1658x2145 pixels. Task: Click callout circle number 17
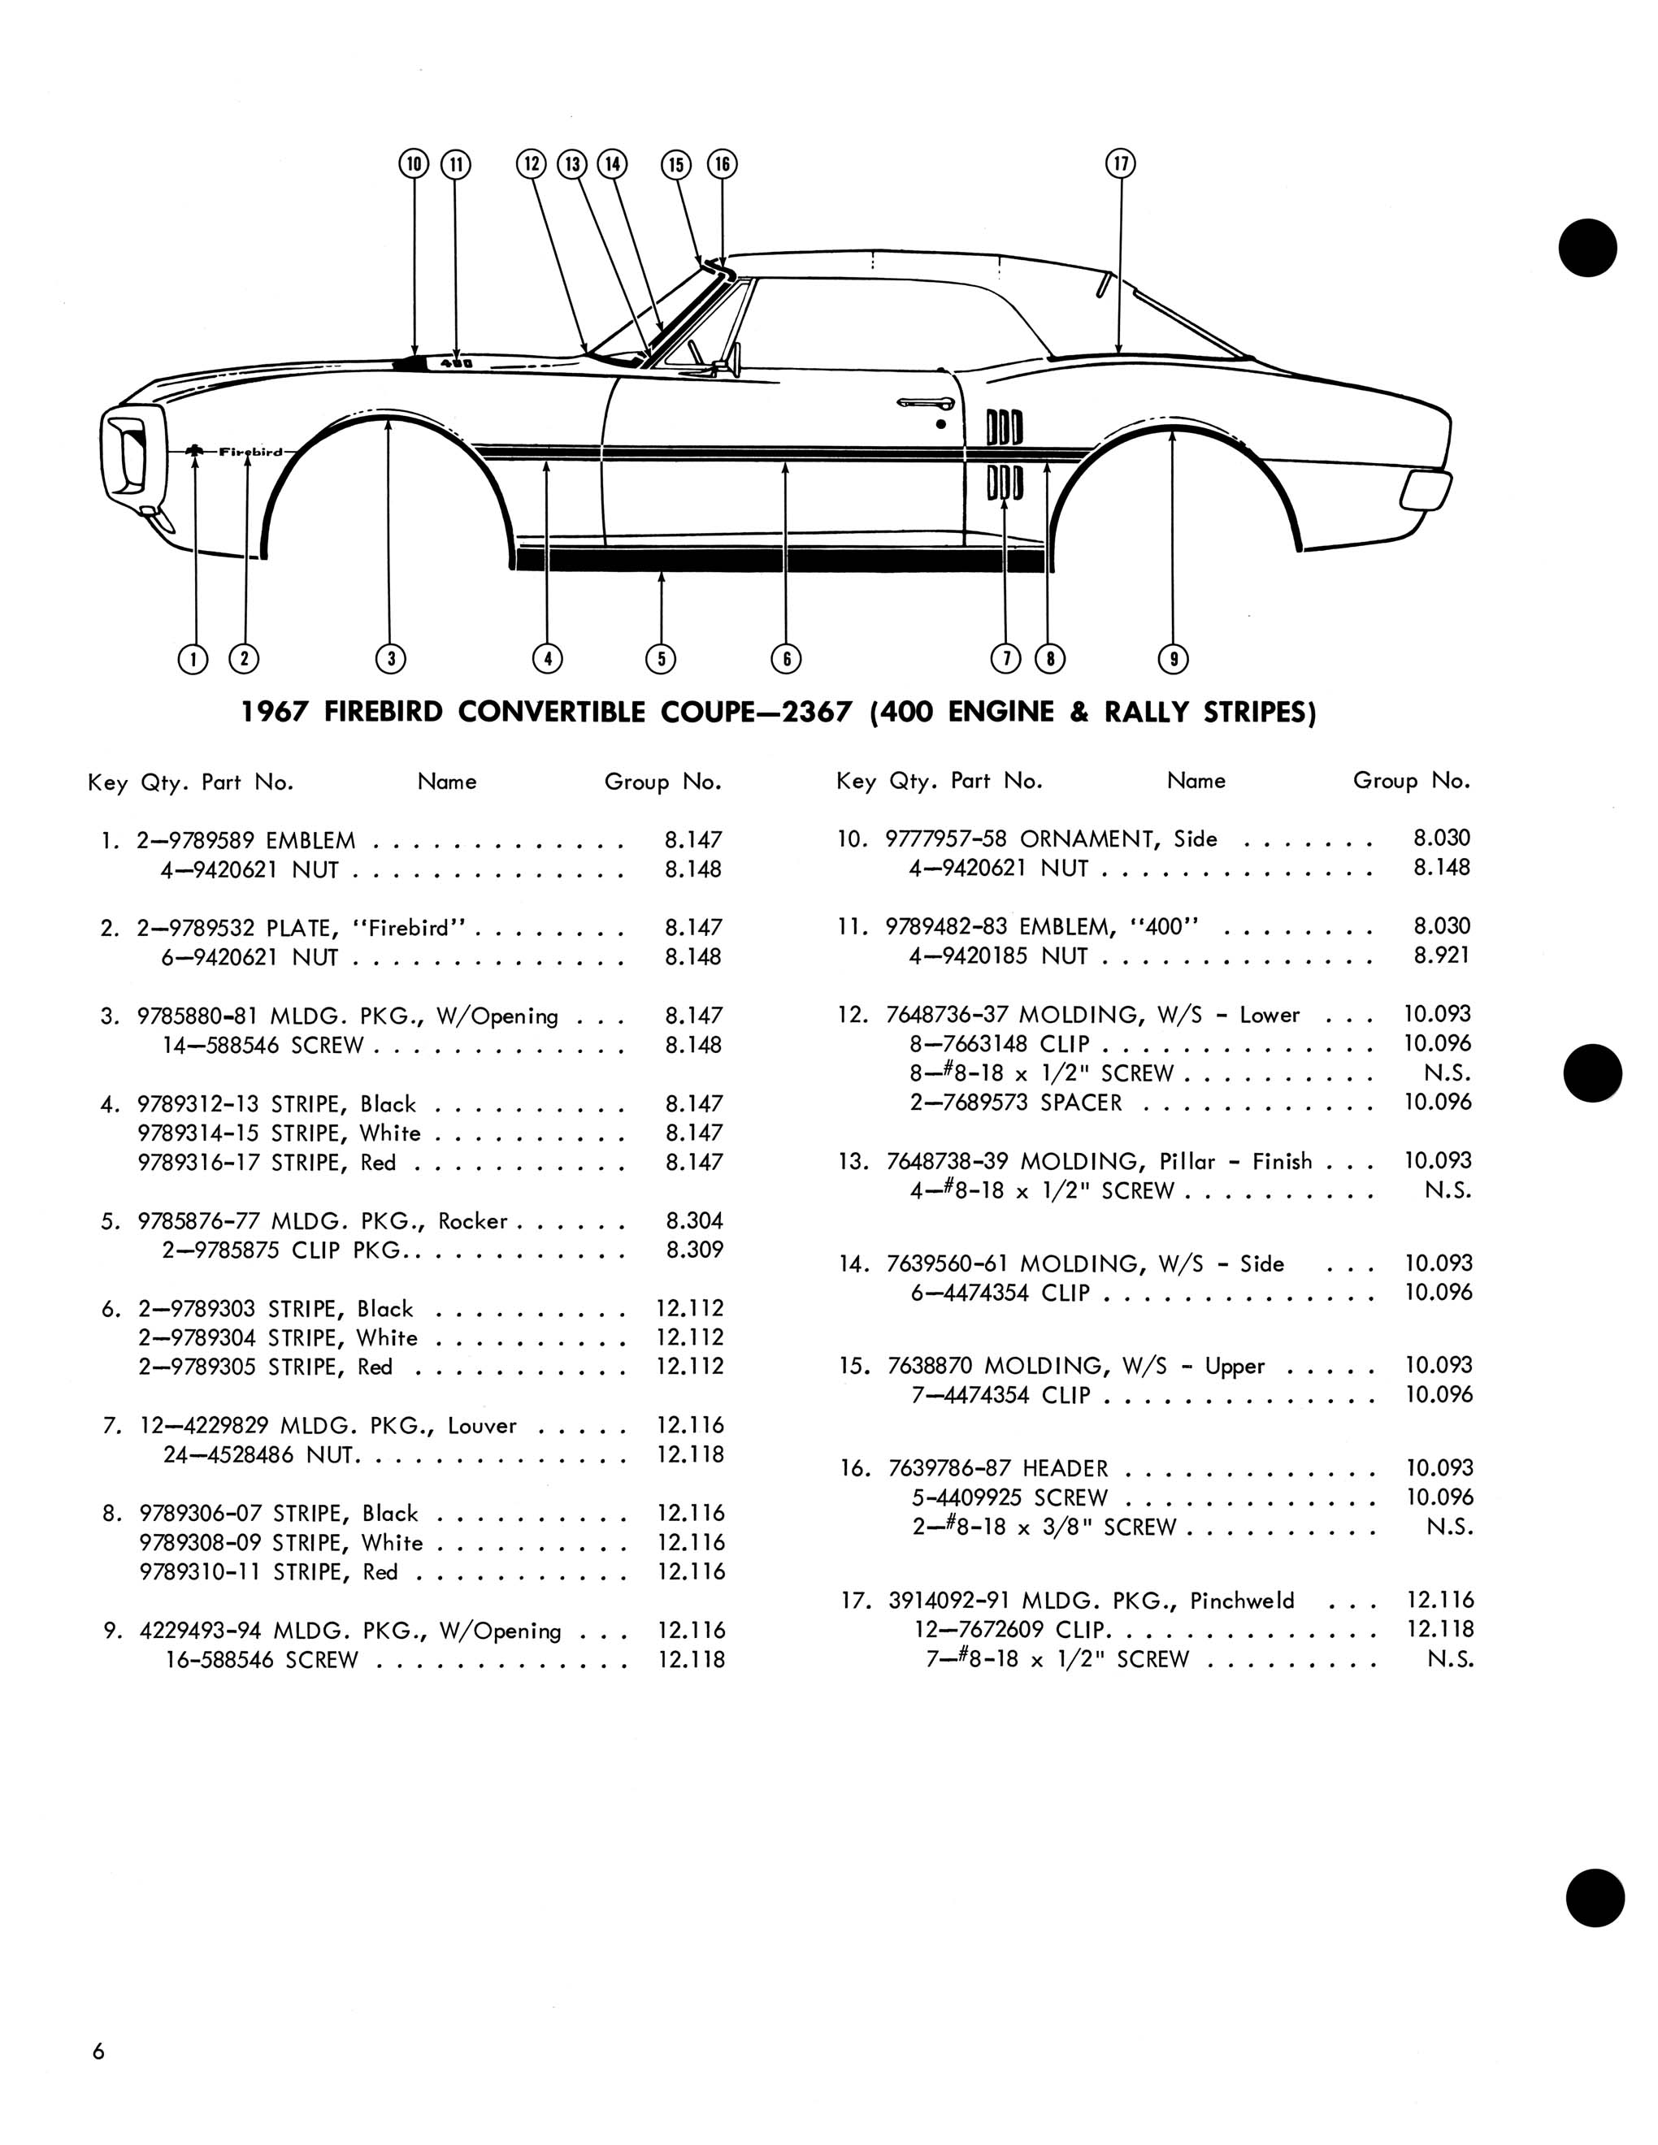pyautogui.click(x=1121, y=163)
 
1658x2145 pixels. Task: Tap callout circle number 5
pyautogui.click(x=661, y=658)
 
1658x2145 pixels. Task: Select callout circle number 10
pyautogui.click(x=414, y=163)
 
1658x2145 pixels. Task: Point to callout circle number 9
pyautogui.click(x=1173, y=658)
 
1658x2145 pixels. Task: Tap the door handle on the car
pyautogui.click(x=924, y=403)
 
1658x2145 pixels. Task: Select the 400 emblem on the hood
pyautogui.click(x=456, y=363)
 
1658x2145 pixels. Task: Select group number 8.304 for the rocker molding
pyautogui.click(x=693, y=1221)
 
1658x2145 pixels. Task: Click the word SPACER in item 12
pyautogui.click(x=1080, y=1102)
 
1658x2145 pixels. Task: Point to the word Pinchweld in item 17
pyautogui.click(x=1242, y=1601)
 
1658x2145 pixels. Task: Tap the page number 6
pyautogui.click(x=98, y=2051)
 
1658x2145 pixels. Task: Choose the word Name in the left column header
pyautogui.click(x=447, y=782)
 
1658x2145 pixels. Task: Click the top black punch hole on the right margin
pyautogui.click(x=1587, y=248)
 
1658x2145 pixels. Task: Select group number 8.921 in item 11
pyautogui.click(x=1441, y=955)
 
